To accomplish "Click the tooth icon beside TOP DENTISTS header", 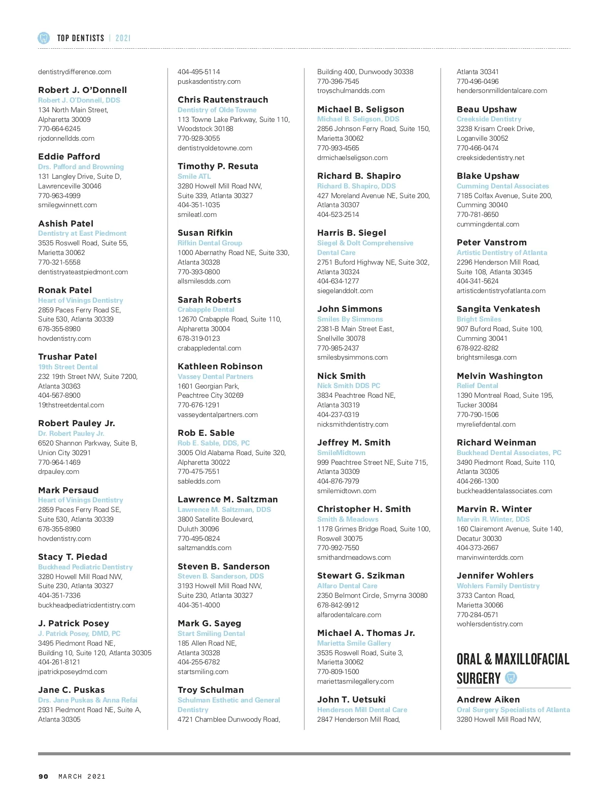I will tap(44, 38).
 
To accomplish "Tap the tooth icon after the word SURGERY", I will tap(511, 678).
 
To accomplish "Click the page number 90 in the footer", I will tap(44, 776).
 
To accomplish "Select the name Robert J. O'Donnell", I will tap(82, 90).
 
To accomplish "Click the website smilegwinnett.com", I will tap(67, 205).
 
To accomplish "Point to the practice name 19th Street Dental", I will tap(68, 367).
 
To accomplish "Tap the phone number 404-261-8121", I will tap(59, 662).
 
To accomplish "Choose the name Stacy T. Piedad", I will tap(73, 557).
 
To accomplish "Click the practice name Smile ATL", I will tap(194, 176).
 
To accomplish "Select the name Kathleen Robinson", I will tap(220, 366).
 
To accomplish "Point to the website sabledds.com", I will tap(199, 481).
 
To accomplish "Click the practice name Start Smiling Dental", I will tap(211, 633).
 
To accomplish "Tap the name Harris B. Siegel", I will tap(352, 233).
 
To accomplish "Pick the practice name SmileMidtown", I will tap(341, 453).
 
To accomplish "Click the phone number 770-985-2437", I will tap(338, 348).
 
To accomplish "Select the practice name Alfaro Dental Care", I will tap(347, 586).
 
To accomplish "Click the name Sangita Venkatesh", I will tap(498, 309).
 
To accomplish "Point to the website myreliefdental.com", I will tap(486, 424).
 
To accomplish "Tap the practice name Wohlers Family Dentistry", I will tap(498, 586).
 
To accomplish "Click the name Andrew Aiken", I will tap(488, 699).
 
